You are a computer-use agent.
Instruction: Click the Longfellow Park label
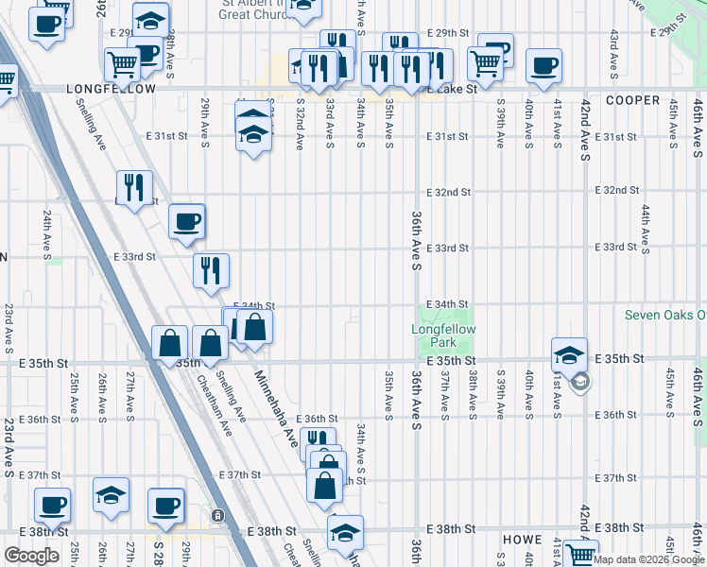click(443, 335)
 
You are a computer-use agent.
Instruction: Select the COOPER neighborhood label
click(632, 100)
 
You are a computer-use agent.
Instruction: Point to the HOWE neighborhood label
click(522, 540)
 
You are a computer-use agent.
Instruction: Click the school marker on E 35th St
click(569, 354)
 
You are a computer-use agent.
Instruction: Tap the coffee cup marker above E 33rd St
click(187, 220)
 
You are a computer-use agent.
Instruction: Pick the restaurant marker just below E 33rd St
click(211, 269)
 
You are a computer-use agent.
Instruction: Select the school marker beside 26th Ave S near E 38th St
click(111, 494)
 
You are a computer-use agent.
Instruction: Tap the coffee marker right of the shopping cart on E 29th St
click(543, 65)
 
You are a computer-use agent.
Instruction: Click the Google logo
click(32, 556)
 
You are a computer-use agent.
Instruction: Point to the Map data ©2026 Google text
click(649, 559)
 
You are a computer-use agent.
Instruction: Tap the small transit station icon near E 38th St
click(218, 515)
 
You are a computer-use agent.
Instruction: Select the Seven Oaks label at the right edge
click(665, 315)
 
